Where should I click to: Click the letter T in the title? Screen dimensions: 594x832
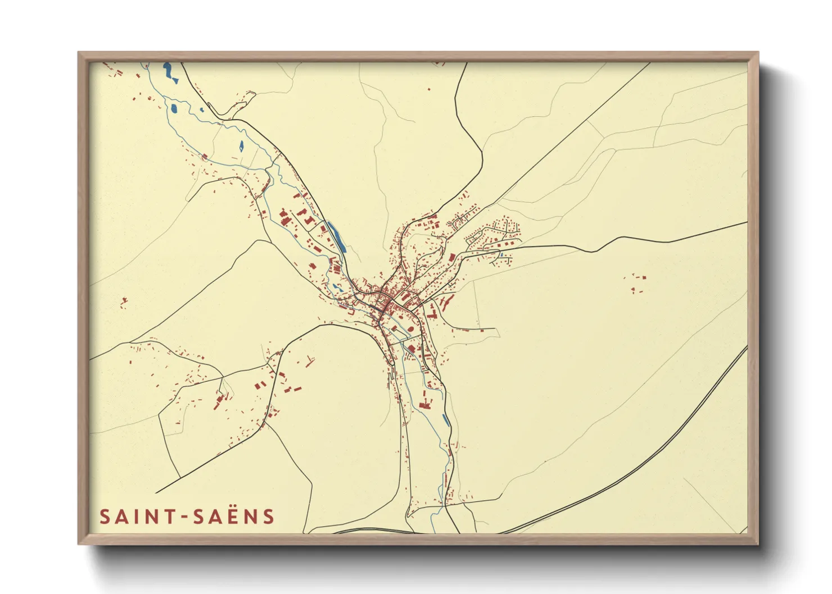tap(168, 517)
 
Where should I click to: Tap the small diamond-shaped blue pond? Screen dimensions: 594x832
tap(241, 146)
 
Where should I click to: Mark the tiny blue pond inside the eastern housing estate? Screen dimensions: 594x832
tap(501, 255)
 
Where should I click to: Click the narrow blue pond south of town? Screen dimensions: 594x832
tap(446, 419)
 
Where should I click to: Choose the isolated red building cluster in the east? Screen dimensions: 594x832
tap(637, 283)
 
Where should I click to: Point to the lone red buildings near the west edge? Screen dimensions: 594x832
tap(124, 303)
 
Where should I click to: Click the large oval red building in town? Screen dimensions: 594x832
tap(418, 312)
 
